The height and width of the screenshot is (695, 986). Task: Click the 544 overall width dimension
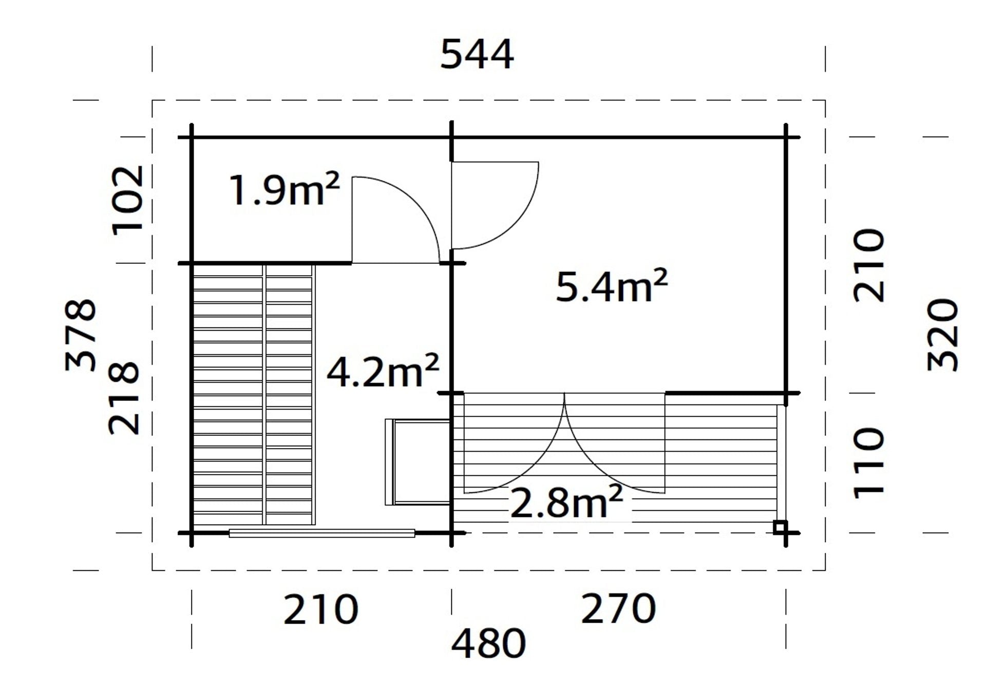click(477, 54)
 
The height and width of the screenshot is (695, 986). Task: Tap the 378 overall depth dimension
click(81, 335)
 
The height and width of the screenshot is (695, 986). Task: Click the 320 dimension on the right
click(943, 335)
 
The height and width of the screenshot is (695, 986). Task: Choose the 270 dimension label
click(618, 609)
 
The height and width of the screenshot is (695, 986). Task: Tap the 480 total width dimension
click(488, 643)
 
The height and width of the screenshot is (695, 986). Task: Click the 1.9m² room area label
click(284, 189)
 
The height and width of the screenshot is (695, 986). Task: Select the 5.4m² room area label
click(612, 285)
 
